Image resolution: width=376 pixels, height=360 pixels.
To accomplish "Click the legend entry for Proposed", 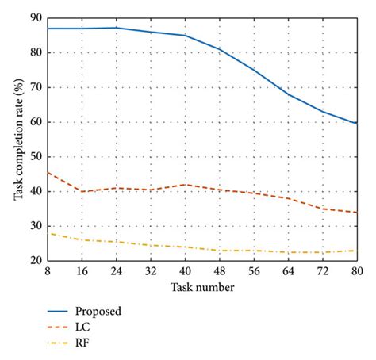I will point(98,311).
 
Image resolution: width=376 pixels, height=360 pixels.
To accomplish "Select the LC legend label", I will point(83,327).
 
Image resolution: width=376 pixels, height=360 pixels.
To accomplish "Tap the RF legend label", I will point(83,344).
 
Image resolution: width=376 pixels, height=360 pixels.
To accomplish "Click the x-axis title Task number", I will point(201,287).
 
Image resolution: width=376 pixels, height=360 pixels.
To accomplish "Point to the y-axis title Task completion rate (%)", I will point(17,139).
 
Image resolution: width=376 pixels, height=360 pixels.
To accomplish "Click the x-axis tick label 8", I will point(48,270).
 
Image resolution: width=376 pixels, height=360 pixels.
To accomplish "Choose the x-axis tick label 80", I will point(356,270).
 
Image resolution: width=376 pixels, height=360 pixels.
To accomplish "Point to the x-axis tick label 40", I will point(185,270).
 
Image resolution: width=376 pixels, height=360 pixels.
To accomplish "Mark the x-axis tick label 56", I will point(254,270).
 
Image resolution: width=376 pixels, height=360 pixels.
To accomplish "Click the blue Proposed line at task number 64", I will point(289,94).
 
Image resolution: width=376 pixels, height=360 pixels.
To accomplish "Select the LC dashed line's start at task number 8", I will point(48,172).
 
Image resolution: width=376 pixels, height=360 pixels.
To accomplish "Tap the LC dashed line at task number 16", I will point(82,191).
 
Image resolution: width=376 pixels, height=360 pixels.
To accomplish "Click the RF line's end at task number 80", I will point(356,251).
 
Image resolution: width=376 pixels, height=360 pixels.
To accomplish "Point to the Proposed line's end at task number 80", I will point(356,124).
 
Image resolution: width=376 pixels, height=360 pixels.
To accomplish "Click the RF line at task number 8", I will point(48,233).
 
